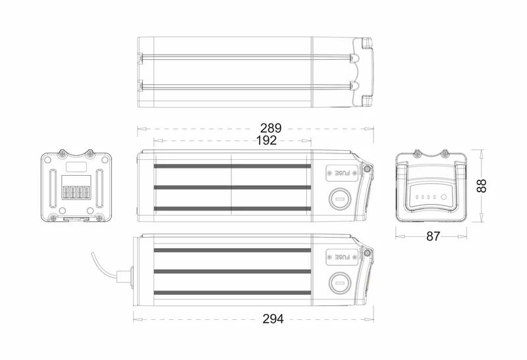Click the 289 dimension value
271,128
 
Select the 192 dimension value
267,140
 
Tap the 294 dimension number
273,319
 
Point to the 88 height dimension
482,186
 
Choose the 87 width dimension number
433,236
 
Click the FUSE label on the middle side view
343,173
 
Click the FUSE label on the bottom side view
343,257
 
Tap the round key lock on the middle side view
340,199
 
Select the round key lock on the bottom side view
340,283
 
